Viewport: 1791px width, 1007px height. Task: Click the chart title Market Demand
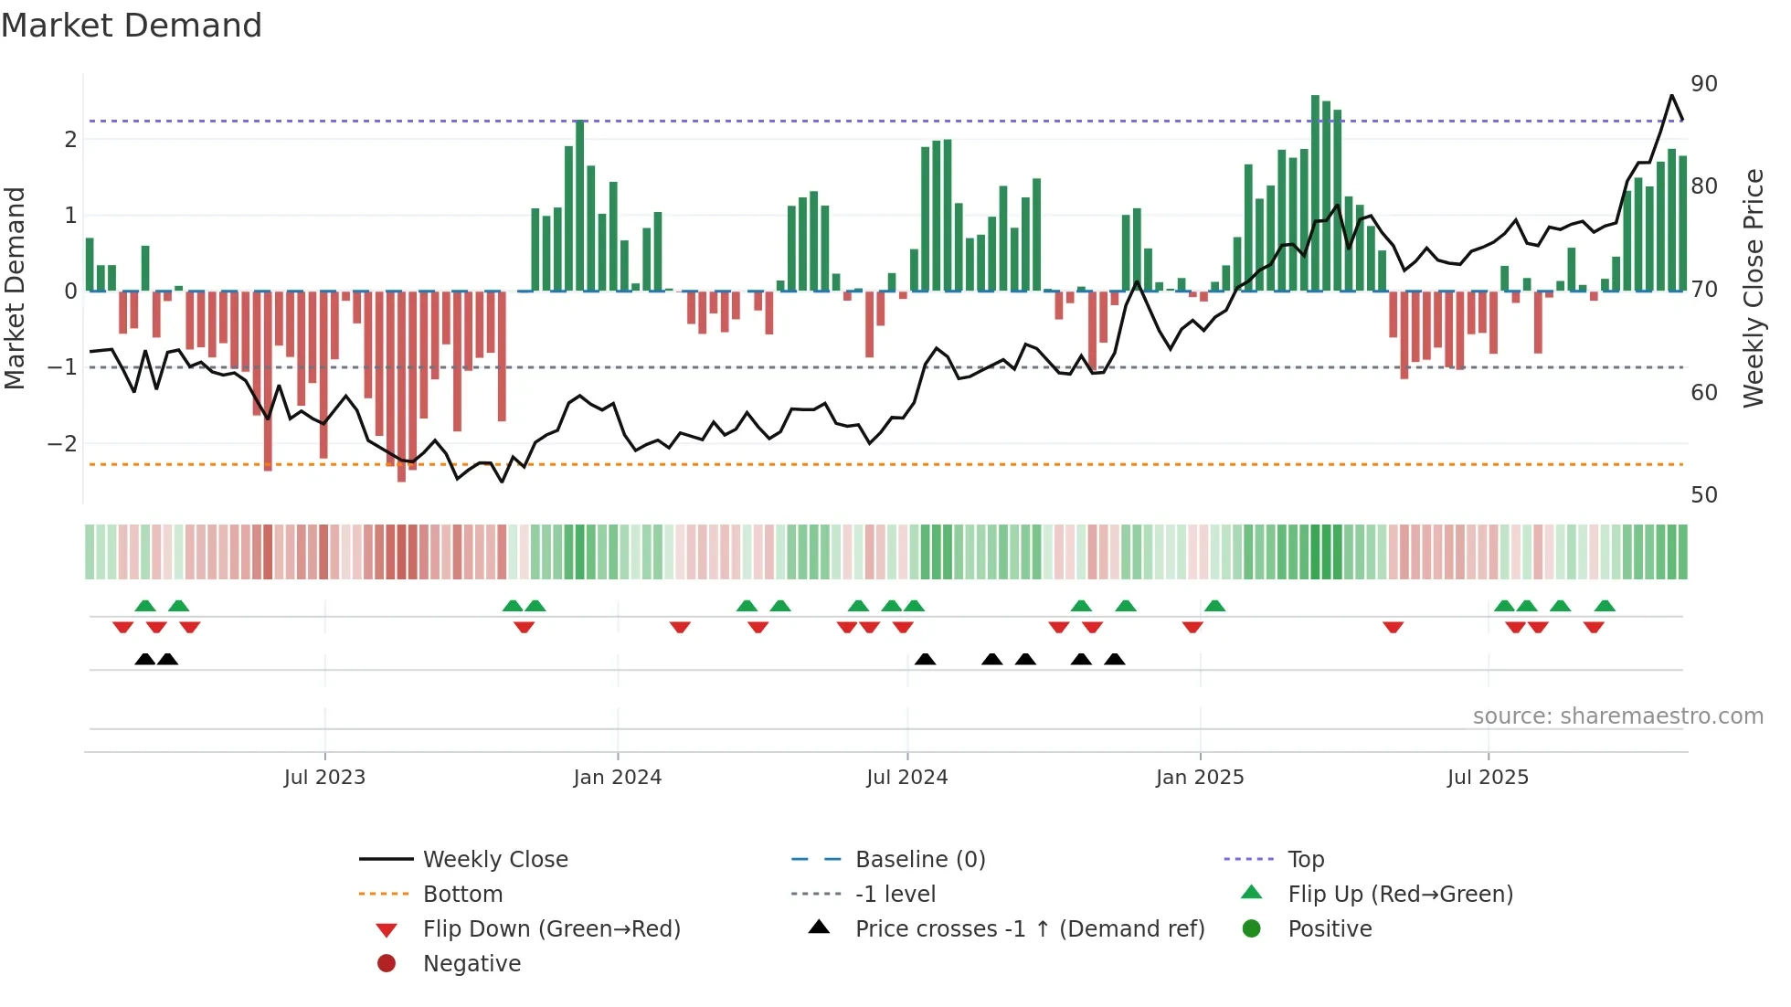132,26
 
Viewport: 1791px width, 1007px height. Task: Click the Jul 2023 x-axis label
324,778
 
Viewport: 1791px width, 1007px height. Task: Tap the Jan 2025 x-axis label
1199,778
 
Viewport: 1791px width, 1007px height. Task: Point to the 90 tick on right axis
1704,84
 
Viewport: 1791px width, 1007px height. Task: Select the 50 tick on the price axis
1704,495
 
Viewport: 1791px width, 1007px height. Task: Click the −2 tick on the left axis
62,444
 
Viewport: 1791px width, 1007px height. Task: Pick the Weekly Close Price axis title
1754,289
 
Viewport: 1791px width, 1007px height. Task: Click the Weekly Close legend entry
494,860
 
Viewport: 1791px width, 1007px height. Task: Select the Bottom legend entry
462,895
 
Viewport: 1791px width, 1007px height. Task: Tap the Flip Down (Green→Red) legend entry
551,929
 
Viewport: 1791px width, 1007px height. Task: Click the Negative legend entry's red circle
387,964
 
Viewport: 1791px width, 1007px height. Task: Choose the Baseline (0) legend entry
919,860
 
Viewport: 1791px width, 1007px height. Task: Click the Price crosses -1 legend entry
1029,929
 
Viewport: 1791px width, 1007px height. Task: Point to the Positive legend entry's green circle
1252,929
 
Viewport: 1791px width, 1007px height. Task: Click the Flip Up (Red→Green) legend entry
1400,895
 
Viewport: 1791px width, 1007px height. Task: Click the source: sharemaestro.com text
1617,716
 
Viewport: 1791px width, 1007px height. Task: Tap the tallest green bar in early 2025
1316,192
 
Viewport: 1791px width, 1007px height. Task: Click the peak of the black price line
1672,95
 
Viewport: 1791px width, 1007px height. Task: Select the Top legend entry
1306,860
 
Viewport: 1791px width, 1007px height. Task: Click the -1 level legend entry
895,895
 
